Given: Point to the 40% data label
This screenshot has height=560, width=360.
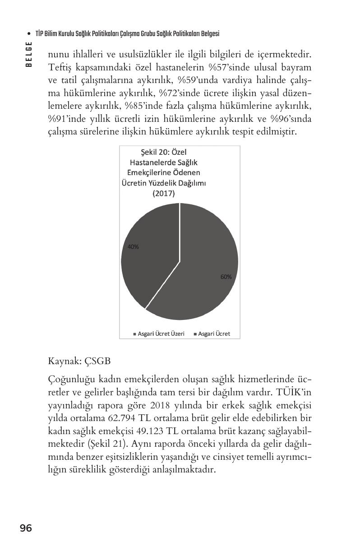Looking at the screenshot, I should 133,247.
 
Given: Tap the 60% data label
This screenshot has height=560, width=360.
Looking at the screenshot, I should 226,277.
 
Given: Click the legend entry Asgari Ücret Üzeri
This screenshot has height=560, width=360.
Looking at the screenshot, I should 158,334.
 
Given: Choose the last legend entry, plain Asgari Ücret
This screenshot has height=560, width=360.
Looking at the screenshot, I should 212,334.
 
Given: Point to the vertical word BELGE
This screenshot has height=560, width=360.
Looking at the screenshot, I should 29,54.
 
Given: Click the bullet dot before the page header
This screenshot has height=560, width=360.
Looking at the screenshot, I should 29,34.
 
